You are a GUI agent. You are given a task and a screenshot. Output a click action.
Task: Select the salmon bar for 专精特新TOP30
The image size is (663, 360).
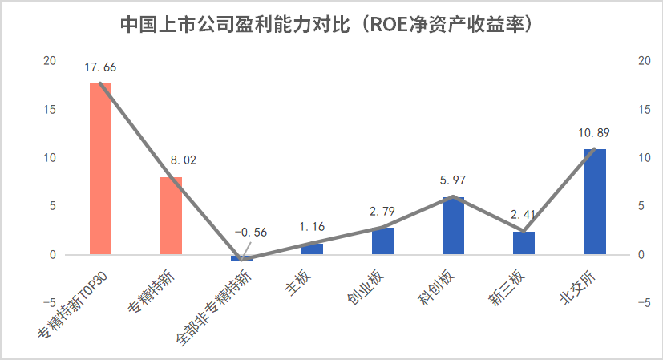coord(100,168)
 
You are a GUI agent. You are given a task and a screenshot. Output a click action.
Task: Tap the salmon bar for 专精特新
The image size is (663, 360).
coord(171,216)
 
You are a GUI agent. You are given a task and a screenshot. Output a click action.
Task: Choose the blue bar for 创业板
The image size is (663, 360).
coord(382,241)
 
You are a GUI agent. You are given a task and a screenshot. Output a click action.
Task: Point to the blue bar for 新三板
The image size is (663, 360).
coord(524,243)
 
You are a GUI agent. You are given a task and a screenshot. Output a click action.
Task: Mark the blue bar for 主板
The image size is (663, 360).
coord(312,249)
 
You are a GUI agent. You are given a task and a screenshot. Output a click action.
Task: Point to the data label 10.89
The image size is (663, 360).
coord(594,131)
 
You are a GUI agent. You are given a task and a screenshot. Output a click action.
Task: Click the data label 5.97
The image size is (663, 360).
coord(453,180)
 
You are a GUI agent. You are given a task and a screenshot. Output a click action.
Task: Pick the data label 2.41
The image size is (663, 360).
coord(524,214)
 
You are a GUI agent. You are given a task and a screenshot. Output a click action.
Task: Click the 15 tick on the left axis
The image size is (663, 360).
coord(50,109)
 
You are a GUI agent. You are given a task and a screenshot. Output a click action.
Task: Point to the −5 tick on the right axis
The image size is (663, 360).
coord(643,303)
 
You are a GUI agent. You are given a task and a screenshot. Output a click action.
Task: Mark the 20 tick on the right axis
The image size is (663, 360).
coord(643,61)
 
